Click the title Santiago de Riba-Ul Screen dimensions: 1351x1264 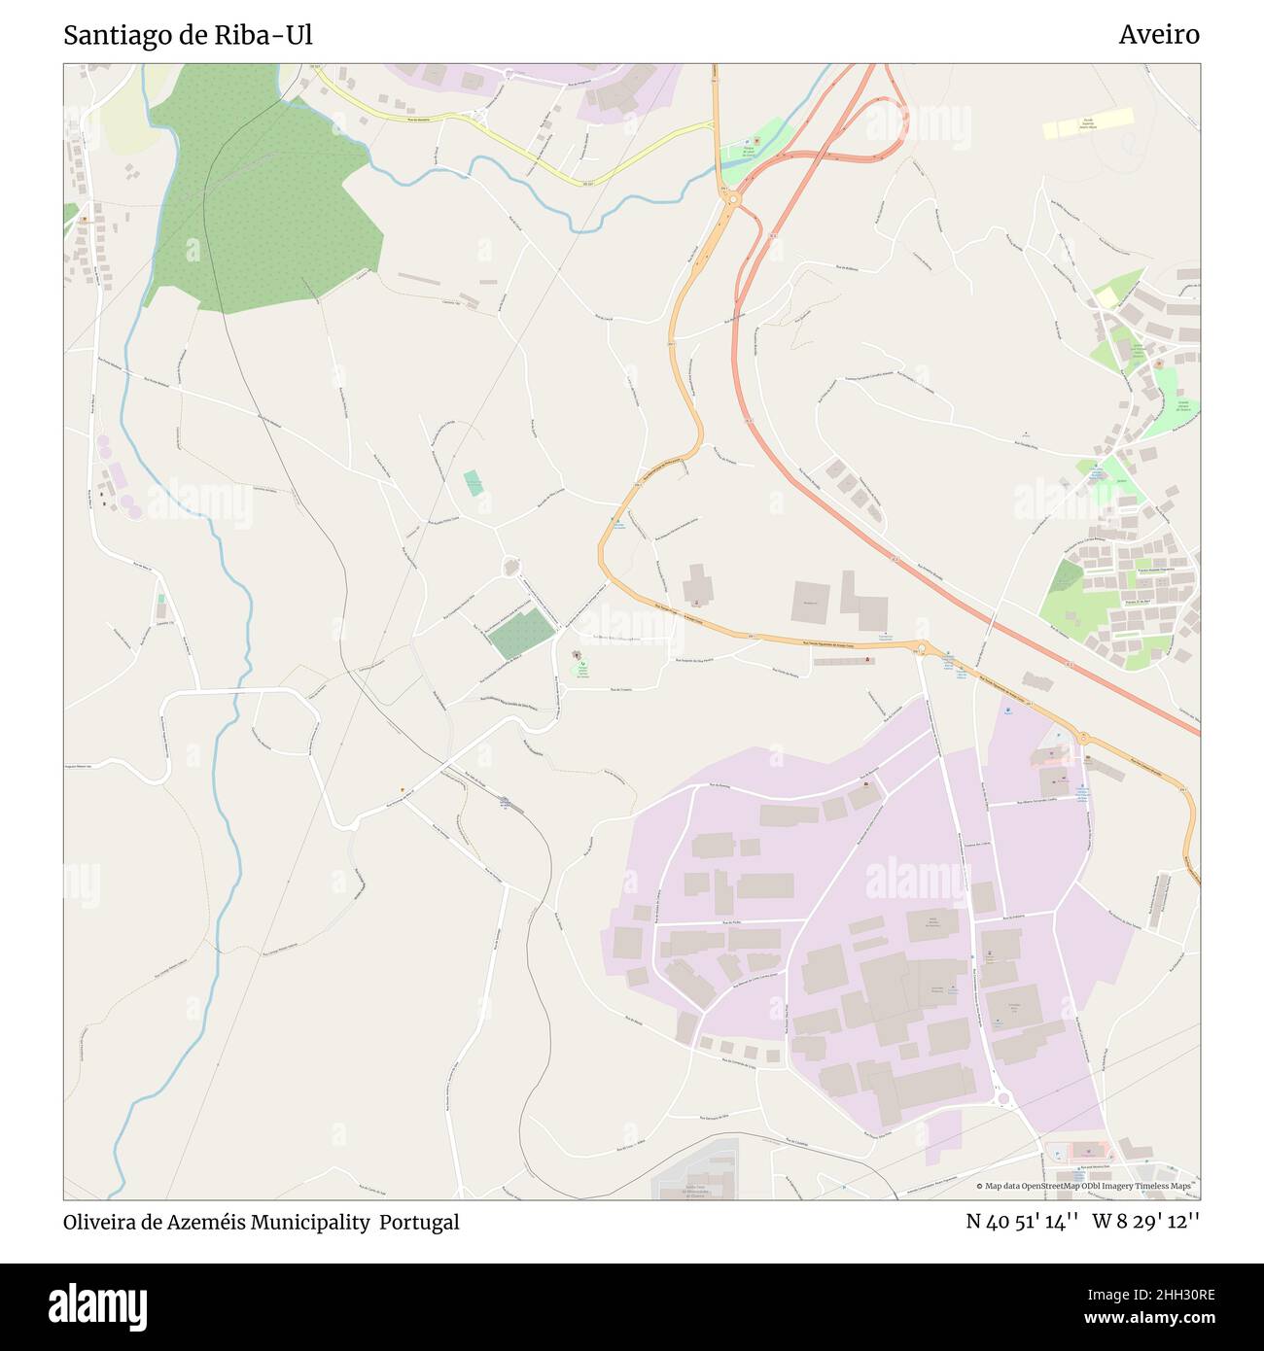coord(188,35)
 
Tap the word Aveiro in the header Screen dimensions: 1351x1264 coord(1158,35)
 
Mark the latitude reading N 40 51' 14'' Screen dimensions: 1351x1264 coord(1023,1222)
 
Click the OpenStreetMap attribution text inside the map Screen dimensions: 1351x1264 coord(1088,1186)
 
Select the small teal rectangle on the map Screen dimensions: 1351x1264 coord(474,482)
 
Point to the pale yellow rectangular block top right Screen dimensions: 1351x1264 coord(1088,123)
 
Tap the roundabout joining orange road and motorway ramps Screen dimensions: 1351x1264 coord(731,199)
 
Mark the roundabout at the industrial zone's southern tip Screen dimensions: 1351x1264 coord(1003,1099)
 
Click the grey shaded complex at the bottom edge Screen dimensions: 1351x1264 coord(694,1174)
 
